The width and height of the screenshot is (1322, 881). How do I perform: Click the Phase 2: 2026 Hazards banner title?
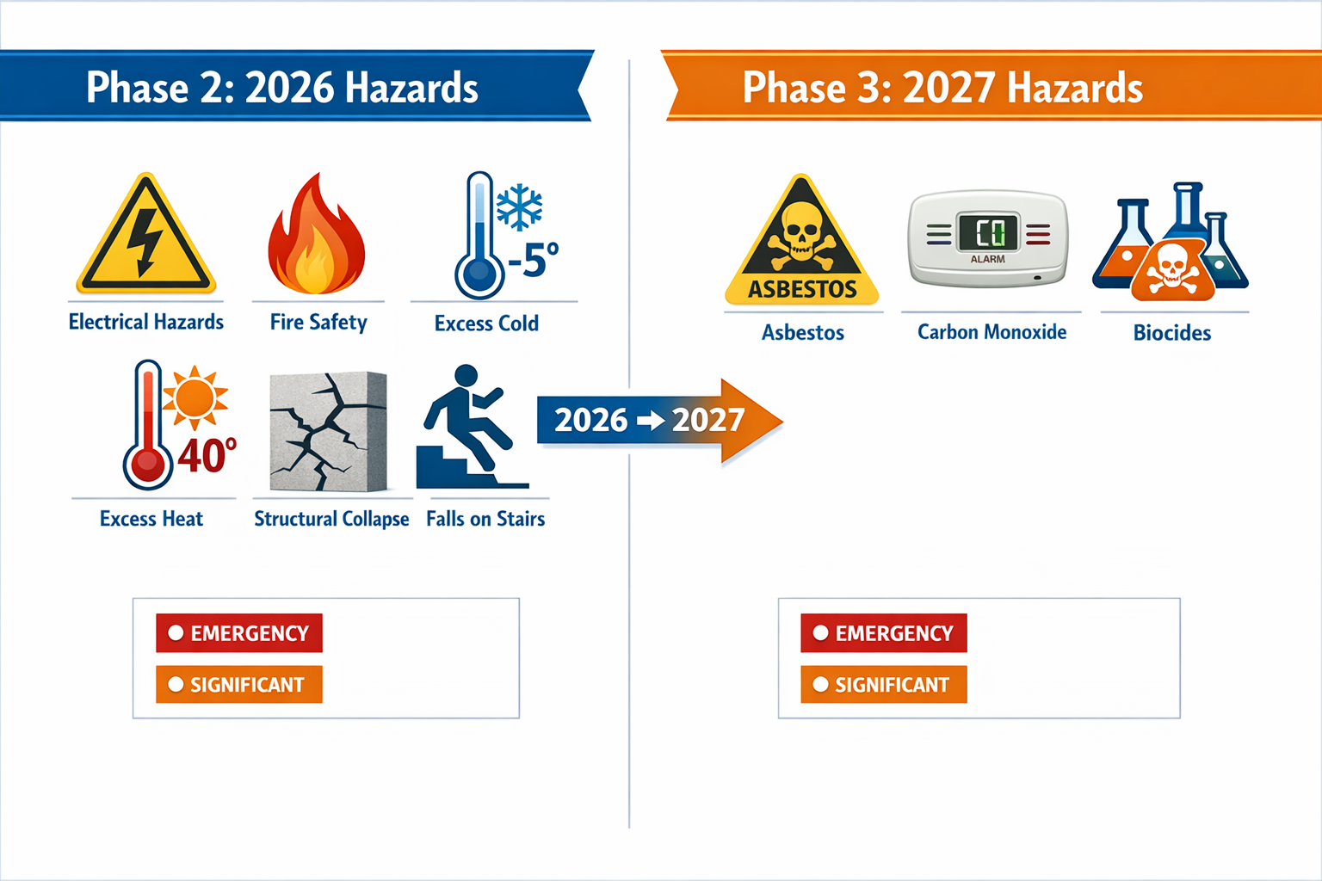(x=282, y=88)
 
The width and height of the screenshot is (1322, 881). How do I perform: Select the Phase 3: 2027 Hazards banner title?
(x=942, y=88)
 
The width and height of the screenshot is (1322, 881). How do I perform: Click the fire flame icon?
(x=317, y=237)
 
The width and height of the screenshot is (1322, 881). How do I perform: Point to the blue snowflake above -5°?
(x=520, y=207)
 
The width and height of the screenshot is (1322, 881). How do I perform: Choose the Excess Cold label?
(x=486, y=323)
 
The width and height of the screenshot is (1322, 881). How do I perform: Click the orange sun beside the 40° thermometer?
(x=195, y=398)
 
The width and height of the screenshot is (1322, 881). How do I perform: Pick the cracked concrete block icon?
(x=328, y=431)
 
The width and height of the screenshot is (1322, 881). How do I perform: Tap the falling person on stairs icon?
(x=469, y=428)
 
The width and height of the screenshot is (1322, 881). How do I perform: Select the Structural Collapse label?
(x=331, y=519)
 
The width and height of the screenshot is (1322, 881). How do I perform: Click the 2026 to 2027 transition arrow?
(x=658, y=420)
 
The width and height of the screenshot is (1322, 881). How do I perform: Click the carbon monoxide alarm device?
(x=988, y=238)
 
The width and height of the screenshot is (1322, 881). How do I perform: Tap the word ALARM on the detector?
(x=988, y=259)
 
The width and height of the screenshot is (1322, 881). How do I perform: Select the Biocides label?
(x=1171, y=333)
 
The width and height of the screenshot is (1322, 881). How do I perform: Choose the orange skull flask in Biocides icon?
(x=1172, y=271)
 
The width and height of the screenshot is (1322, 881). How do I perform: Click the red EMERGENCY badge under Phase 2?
(x=239, y=633)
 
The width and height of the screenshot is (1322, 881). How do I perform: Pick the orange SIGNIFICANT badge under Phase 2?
(x=239, y=685)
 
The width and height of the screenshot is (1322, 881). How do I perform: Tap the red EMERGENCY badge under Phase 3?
(x=884, y=633)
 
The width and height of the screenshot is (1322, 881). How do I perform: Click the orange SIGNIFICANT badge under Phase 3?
(x=884, y=685)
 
